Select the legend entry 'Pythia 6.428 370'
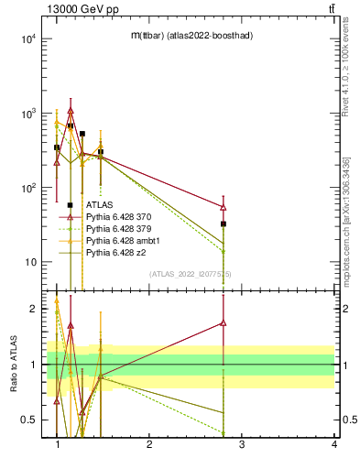click(119, 216)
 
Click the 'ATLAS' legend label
click(99, 204)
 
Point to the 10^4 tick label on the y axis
click(26, 39)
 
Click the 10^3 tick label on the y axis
click(26, 114)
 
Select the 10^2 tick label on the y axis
click(26, 188)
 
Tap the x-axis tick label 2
click(149, 444)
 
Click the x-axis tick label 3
click(242, 444)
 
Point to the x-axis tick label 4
click(333, 444)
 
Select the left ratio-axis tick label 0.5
click(28, 420)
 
